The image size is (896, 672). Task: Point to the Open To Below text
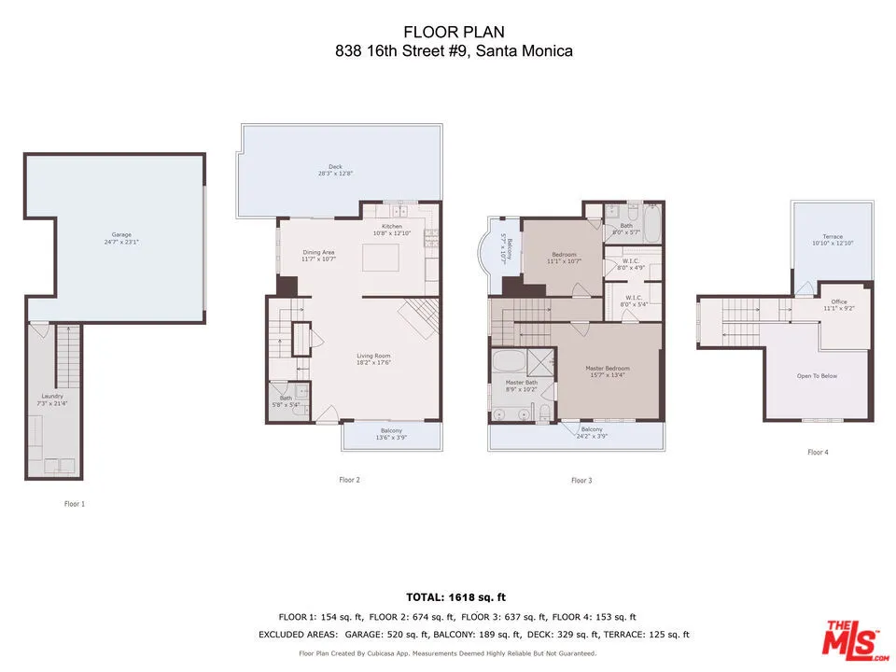tap(817, 376)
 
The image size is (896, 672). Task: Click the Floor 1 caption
tap(74, 504)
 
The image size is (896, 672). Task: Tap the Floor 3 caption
tap(581, 481)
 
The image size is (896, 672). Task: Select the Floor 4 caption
tap(818, 453)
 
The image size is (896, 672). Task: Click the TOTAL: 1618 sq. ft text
tap(456, 596)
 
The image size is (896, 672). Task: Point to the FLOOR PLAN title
tap(454, 33)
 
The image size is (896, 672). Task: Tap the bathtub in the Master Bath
tap(510, 363)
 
